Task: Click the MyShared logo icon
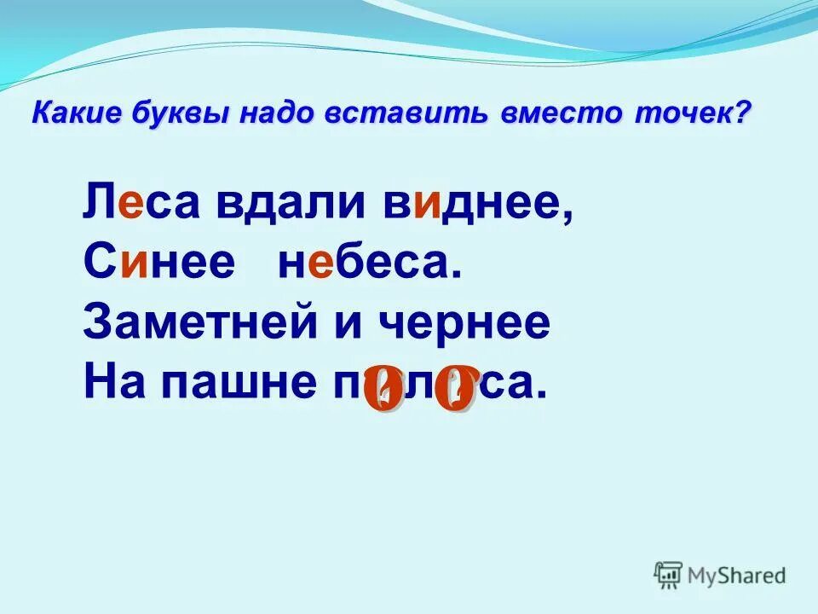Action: (669, 576)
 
